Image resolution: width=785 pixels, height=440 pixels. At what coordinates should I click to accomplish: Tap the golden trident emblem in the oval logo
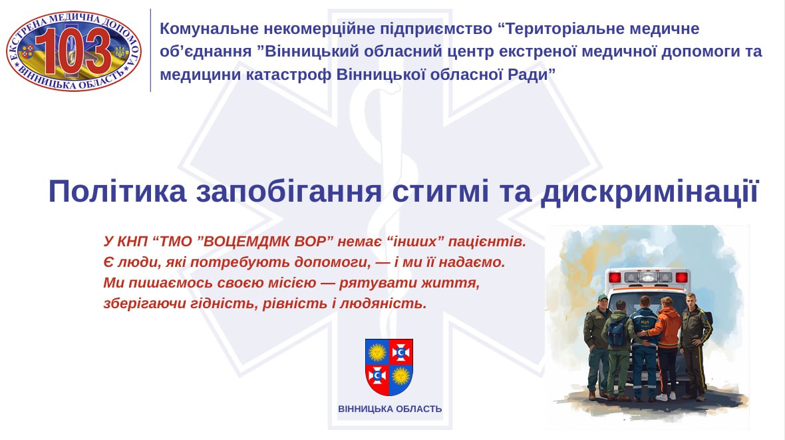(x=120, y=52)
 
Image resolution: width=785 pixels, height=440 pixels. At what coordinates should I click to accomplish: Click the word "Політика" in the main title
(x=118, y=191)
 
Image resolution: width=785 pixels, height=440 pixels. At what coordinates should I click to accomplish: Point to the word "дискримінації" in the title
(x=650, y=192)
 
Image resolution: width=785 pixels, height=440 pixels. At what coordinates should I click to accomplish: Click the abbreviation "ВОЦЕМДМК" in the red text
(x=241, y=242)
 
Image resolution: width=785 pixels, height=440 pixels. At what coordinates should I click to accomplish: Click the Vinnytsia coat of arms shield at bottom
(x=389, y=367)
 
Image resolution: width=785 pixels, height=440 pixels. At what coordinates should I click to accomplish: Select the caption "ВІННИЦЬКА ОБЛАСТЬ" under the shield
(x=390, y=409)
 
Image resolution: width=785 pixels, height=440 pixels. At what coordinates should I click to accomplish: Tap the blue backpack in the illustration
(x=617, y=332)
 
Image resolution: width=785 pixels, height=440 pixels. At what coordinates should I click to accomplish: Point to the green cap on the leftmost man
(x=603, y=297)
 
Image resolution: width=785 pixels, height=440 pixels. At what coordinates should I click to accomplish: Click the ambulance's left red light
(x=615, y=278)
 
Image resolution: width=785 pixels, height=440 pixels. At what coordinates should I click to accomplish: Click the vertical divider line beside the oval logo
(x=151, y=50)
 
